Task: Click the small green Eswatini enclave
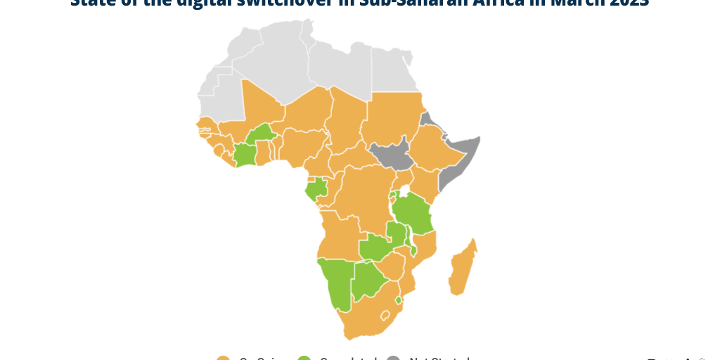[x=398, y=300]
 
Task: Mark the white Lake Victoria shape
[x=405, y=191]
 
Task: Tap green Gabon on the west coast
[x=316, y=188]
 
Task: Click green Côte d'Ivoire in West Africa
[x=245, y=154]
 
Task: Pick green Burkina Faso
[x=262, y=133]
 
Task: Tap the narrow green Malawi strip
[x=409, y=239]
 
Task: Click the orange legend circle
[x=224, y=359]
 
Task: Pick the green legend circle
[x=304, y=359]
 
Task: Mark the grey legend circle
[x=394, y=359]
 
